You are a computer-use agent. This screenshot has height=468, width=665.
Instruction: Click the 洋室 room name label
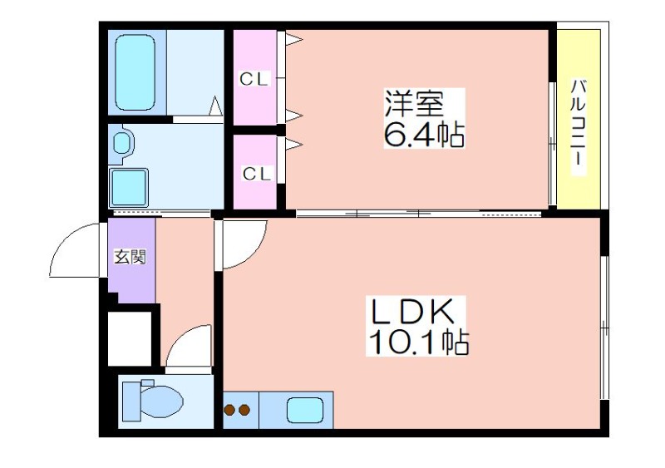click(414, 104)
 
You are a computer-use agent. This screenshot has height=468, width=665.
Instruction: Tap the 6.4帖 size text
click(424, 134)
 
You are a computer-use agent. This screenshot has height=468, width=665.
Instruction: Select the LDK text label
click(412, 312)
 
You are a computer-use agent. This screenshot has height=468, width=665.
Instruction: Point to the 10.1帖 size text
click(419, 342)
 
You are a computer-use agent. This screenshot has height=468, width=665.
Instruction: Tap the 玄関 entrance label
click(130, 257)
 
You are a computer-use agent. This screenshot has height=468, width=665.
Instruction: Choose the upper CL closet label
click(254, 79)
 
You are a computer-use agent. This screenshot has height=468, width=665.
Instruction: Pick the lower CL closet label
click(257, 174)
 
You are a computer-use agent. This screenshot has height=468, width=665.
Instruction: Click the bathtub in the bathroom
click(135, 72)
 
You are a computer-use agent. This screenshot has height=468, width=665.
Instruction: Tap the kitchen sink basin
click(305, 410)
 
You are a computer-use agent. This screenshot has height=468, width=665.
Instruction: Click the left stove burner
click(230, 410)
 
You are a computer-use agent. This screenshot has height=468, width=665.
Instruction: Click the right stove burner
click(244, 410)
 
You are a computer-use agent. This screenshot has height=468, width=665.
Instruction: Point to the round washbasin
click(121, 143)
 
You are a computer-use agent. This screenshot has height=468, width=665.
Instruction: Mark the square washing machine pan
click(129, 187)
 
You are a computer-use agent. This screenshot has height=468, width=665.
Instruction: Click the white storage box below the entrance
click(130, 338)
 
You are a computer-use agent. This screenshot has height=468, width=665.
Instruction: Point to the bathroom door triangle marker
click(215, 106)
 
